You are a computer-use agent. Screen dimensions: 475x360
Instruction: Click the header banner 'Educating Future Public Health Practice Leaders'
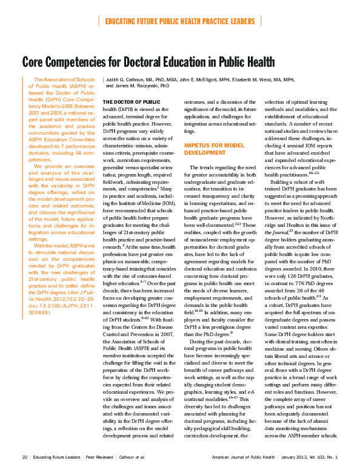pos(180,21)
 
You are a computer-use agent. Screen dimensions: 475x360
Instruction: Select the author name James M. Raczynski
pos(147,86)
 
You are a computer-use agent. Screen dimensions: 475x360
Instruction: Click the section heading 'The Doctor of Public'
pos(132,102)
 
